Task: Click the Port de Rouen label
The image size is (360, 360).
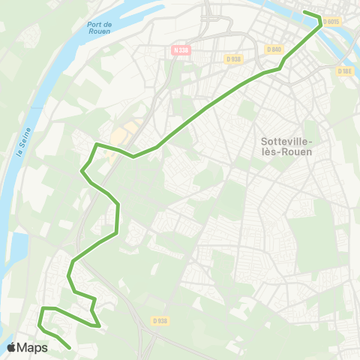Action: pos(100,27)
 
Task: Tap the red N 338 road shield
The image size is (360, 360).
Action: pos(179,50)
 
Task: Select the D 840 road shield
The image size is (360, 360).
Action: pos(274,49)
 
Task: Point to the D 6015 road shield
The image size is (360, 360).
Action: pos(332,22)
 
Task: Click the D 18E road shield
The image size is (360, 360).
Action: pos(344,72)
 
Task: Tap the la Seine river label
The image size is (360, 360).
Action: pos(22,138)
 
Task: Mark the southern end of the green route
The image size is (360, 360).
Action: pos(70,348)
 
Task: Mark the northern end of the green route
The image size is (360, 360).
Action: pos(304,12)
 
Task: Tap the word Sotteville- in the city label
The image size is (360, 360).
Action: pos(289,140)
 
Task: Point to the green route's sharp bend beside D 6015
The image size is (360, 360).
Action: pos(321,19)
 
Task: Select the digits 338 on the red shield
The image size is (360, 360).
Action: pos(182,50)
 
